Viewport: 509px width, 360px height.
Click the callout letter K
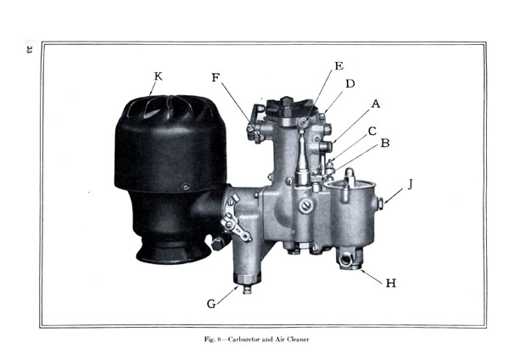tap(158, 76)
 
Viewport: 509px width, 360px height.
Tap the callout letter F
tap(215, 77)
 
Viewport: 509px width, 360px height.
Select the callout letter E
tap(338, 66)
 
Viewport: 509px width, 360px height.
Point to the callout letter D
tap(350, 84)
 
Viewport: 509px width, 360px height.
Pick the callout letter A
tap(376, 104)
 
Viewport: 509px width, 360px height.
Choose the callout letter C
tap(372, 132)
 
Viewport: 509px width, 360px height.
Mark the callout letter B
tap(385, 143)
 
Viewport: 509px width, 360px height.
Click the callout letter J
tap(411, 184)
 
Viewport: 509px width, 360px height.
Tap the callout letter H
tap(391, 284)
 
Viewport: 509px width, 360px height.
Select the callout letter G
tap(211, 304)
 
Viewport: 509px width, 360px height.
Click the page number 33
tap(29, 49)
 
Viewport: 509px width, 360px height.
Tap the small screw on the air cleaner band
tap(186, 187)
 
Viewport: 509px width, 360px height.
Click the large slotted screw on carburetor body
tap(305, 205)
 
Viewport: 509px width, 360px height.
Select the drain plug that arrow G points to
tap(247, 290)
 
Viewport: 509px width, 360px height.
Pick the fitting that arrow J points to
tap(380, 204)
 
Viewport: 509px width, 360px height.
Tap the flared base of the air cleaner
tap(171, 253)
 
